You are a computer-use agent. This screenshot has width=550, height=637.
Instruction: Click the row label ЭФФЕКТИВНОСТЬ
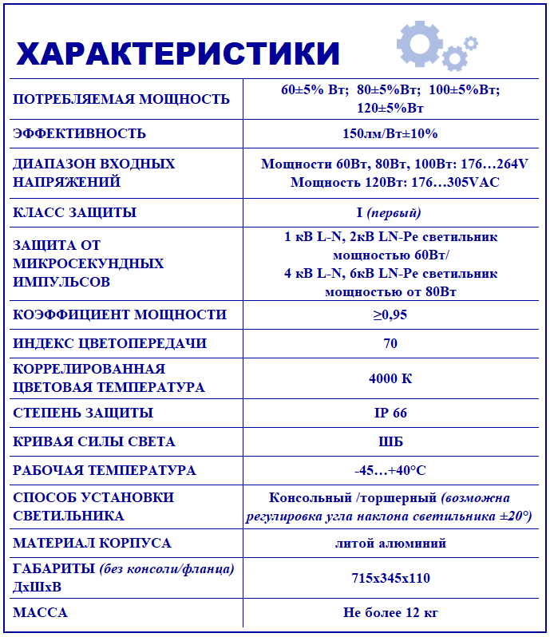click(x=80, y=133)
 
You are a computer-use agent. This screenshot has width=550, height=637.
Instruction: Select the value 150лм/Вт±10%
click(x=390, y=133)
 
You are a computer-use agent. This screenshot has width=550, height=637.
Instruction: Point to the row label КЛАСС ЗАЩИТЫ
click(x=75, y=212)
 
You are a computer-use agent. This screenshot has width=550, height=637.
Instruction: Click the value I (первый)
click(x=390, y=212)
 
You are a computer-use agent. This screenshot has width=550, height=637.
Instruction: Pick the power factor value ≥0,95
click(x=390, y=315)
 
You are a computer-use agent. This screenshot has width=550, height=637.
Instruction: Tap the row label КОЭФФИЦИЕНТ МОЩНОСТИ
click(x=120, y=315)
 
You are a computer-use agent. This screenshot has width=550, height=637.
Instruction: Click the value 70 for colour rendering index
click(x=390, y=343)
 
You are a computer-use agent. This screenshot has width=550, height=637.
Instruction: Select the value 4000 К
click(x=390, y=378)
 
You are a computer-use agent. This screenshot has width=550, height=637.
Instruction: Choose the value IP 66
click(x=390, y=413)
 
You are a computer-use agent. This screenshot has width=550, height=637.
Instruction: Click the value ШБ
click(x=390, y=441)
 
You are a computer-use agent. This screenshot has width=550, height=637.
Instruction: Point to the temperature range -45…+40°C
click(x=390, y=470)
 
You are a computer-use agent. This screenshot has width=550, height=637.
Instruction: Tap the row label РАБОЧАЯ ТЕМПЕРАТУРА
click(x=105, y=470)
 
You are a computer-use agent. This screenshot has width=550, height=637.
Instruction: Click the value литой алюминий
click(x=390, y=543)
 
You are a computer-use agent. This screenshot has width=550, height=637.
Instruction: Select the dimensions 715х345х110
click(x=390, y=578)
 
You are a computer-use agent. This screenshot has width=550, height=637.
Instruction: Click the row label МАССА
click(x=41, y=613)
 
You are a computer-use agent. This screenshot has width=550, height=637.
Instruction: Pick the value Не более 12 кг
click(x=390, y=613)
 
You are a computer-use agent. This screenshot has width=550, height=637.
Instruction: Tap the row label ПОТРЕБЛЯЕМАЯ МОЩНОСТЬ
click(x=121, y=99)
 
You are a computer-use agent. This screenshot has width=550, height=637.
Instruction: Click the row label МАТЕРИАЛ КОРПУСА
click(x=92, y=543)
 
